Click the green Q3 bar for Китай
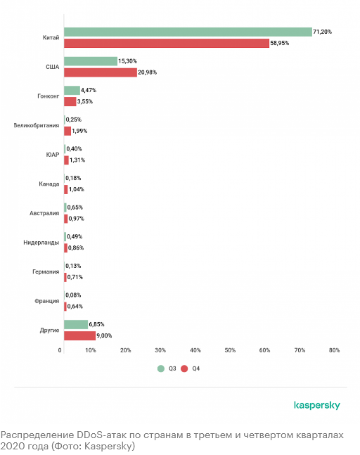[x=188, y=32]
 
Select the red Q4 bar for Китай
[x=167, y=43]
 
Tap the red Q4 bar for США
[x=101, y=72]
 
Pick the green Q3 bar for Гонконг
[x=72, y=90]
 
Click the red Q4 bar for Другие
[x=79, y=335]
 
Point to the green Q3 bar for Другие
[x=76, y=324]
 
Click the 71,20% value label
[x=322, y=32]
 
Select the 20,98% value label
[x=147, y=72]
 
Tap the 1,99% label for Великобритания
[x=79, y=131]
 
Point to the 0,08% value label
[x=73, y=295]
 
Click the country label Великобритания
[x=37, y=125]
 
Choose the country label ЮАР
[x=53, y=155]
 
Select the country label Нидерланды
[x=41, y=243]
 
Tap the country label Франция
[x=46, y=301]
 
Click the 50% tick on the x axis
[x=230, y=350]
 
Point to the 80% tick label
[x=334, y=350]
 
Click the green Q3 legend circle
[x=161, y=369]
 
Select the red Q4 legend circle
[x=184, y=369]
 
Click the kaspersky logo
[x=317, y=405]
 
